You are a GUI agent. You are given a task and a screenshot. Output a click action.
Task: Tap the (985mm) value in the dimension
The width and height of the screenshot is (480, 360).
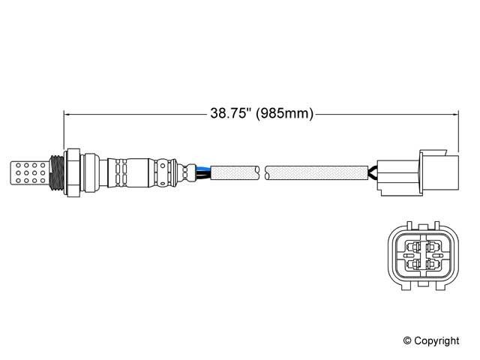(x=285, y=113)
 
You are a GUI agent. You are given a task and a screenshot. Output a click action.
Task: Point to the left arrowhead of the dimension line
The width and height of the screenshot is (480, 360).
(x=67, y=115)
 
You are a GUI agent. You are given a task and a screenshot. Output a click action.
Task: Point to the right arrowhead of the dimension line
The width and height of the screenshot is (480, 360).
(x=455, y=115)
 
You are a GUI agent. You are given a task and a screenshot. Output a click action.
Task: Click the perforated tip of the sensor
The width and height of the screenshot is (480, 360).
(x=29, y=173)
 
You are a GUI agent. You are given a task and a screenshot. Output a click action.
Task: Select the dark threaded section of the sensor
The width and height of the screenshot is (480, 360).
(x=57, y=173)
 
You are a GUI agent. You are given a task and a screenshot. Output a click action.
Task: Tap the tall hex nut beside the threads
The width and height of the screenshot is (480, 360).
(x=73, y=172)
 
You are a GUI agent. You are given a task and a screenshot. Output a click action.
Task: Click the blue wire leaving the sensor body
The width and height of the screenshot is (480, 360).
(x=203, y=168)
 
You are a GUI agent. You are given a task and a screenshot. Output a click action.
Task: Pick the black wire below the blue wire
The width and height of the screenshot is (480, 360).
(x=203, y=175)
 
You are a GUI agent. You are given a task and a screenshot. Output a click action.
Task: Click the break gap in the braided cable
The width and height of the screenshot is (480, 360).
(x=262, y=172)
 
